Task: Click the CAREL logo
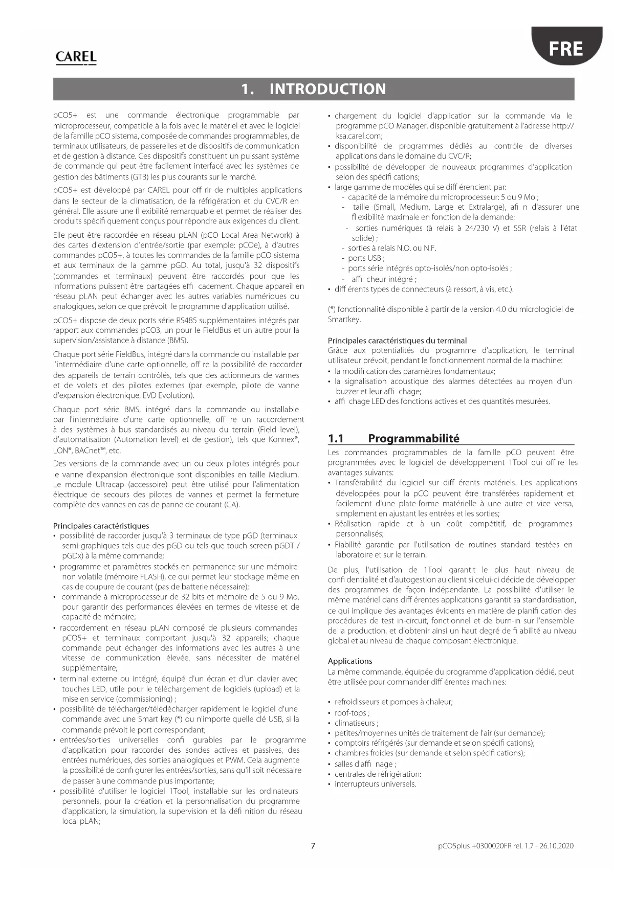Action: point(76,57)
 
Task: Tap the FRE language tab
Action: point(566,49)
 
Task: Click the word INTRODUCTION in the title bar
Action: point(327,89)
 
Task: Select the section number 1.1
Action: point(336,438)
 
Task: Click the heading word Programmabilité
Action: point(413,438)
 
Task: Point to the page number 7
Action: point(313,845)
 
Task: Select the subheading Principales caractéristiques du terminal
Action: point(397,341)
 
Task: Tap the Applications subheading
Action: point(350,661)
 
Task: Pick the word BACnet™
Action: point(90,451)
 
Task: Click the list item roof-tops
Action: point(351,713)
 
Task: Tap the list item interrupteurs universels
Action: point(375,784)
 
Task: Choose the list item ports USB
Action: point(365,258)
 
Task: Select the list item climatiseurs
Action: point(355,723)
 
